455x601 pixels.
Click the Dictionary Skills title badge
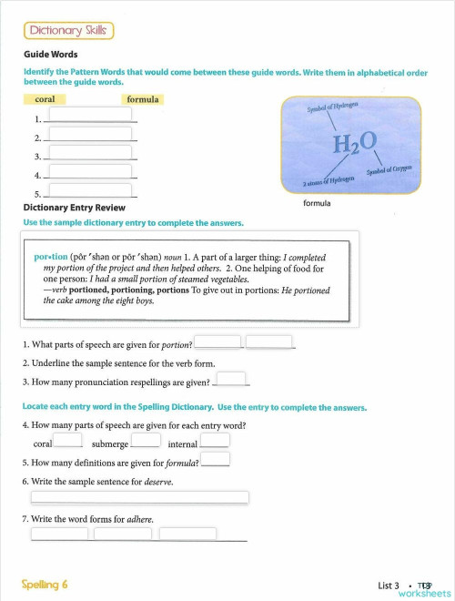click(69, 31)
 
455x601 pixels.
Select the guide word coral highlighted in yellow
click(45, 99)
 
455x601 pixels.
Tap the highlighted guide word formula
click(143, 99)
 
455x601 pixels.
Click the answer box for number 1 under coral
click(90, 115)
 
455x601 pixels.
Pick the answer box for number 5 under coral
click(90, 190)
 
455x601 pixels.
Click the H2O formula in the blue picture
click(355, 143)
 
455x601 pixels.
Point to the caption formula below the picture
click(317, 204)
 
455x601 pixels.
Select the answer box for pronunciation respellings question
click(231, 379)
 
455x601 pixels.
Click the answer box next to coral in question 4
click(68, 441)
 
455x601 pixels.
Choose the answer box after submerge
click(146, 441)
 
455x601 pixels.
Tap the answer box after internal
click(215, 441)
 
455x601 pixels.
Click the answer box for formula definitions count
click(215, 460)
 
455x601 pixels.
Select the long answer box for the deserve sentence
click(139, 497)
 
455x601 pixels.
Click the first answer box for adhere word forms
click(60, 534)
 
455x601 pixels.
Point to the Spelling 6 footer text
click(45, 584)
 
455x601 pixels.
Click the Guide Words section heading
click(50, 55)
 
